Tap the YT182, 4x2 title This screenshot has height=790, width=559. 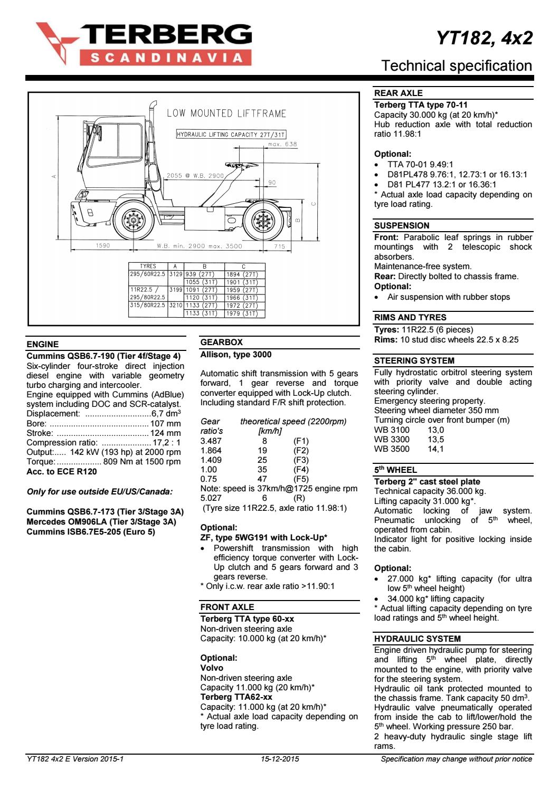[x=484, y=38]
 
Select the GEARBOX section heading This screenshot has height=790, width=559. [x=222, y=342]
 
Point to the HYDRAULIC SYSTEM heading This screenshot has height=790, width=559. [x=417, y=639]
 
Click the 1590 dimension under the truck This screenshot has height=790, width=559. [x=103, y=246]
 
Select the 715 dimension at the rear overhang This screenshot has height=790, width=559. [x=279, y=246]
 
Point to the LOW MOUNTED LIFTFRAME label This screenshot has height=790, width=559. [x=226, y=113]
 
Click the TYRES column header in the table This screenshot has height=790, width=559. [x=148, y=266]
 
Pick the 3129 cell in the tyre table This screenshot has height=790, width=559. [x=175, y=274]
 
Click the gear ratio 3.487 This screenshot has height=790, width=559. [x=211, y=441]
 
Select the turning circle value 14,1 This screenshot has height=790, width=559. [x=435, y=449]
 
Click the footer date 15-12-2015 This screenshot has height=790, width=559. [x=280, y=759]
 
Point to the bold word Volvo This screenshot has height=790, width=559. [x=212, y=668]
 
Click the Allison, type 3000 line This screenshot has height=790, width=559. [x=236, y=355]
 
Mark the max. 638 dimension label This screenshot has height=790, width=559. [x=282, y=144]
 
